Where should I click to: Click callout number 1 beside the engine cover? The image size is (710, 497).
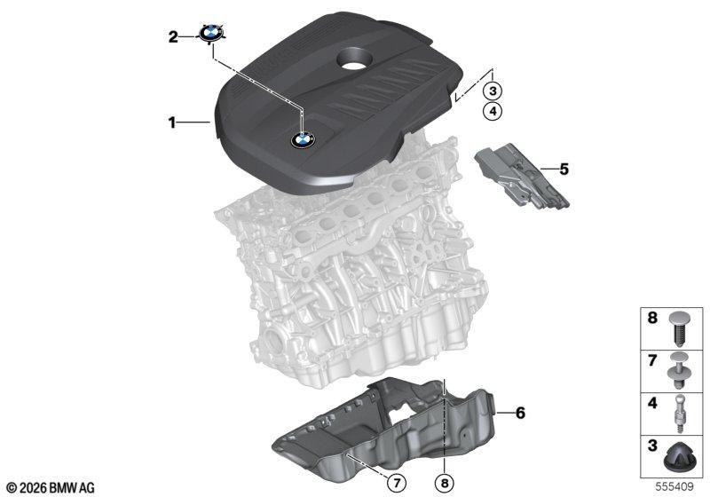(171, 122)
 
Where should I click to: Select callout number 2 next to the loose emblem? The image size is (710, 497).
(173, 36)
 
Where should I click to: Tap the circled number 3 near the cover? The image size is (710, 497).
(493, 91)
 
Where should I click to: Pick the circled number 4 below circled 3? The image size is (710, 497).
(493, 110)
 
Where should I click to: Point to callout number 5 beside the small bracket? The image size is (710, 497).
(564, 170)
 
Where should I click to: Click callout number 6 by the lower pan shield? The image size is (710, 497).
(520, 413)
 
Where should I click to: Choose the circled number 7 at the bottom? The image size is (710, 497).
(397, 484)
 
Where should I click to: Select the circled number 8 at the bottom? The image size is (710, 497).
(445, 484)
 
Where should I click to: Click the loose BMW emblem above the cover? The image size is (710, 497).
(211, 33)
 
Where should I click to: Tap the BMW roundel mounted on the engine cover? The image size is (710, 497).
(303, 140)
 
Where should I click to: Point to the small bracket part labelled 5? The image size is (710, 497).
(522, 177)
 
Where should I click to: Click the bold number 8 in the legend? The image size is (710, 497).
(652, 318)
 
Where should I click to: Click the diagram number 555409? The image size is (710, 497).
(674, 487)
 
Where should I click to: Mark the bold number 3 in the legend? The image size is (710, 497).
(652, 446)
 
